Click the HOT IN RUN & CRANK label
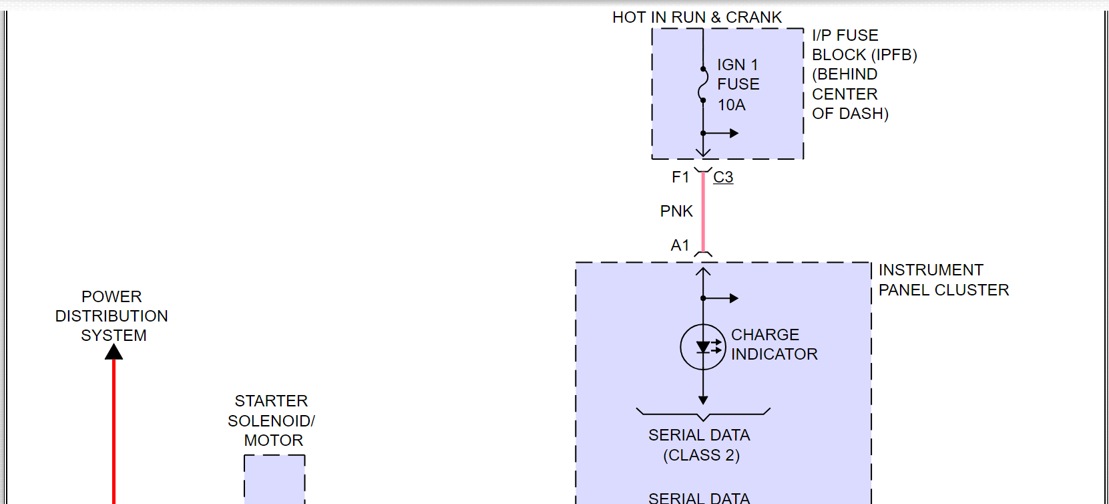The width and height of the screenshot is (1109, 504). pos(696,17)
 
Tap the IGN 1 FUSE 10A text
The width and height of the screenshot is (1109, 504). pos(738,84)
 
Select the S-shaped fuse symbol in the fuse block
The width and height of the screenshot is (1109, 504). pos(703,84)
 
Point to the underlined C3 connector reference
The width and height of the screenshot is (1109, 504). pos(723,177)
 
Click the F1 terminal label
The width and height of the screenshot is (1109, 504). pos(680,177)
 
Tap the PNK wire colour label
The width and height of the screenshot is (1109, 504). pos(676,211)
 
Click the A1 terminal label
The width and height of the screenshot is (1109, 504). pos(680,245)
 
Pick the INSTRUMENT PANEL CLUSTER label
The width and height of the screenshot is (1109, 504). pos(943,280)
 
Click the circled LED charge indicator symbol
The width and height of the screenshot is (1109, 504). pos(703,347)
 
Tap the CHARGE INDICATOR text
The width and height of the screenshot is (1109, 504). pos(774,344)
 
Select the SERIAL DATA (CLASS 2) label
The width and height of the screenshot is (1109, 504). pos(700,445)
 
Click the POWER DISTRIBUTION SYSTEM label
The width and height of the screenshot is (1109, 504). pos(112,316)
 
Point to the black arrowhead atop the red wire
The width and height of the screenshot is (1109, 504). pos(114,352)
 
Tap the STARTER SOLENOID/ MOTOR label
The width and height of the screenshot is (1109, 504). pos(271,420)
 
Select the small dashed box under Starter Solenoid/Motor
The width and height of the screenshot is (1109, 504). pos(274,479)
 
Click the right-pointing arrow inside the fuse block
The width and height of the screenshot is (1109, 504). pos(732,133)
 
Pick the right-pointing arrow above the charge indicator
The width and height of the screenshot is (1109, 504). pos(732,298)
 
